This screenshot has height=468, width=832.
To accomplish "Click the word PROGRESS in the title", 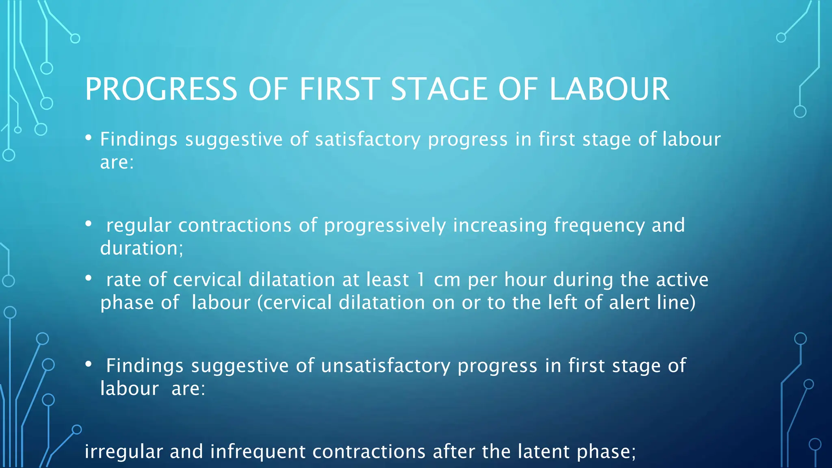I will tap(161, 89).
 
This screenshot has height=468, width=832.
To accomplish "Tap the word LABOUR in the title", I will tap(609, 89).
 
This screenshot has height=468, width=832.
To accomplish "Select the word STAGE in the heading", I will tap(439, 89).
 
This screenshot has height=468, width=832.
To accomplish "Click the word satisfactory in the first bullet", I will tap(368, 140).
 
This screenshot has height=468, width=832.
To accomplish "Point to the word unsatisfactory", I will tap(386, 366).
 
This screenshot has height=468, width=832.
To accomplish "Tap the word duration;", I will tap(142, 248).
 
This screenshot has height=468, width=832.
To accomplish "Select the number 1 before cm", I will tap(421, 280).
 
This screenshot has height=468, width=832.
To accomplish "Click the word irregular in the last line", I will tap(123, 452).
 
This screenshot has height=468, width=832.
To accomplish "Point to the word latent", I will tap(544, 452).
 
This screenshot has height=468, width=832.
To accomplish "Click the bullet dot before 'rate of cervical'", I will tap(89, 278).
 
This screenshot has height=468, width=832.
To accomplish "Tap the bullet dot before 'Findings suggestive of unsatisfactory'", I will tap(89, 364).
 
